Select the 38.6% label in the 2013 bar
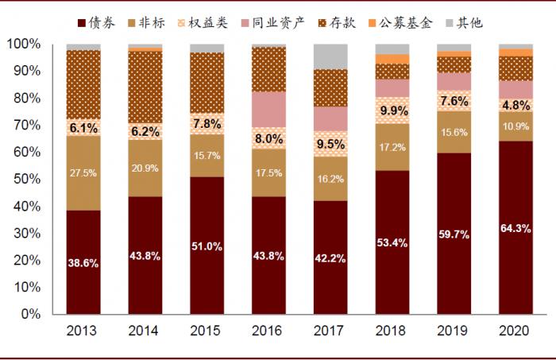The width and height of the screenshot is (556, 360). pos(83,263)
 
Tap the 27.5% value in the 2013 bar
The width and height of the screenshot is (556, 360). pos(83,172)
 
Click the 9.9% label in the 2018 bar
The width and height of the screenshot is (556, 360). pos(393,110)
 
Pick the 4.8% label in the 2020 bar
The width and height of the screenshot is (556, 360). pos(517,105)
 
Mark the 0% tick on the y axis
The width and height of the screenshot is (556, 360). pos(30,314)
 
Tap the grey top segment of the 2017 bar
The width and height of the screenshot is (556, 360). pos(331,56)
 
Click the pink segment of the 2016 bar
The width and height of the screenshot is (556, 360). pos(269,109)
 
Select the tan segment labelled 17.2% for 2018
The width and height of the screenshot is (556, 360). pos(393,147)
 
